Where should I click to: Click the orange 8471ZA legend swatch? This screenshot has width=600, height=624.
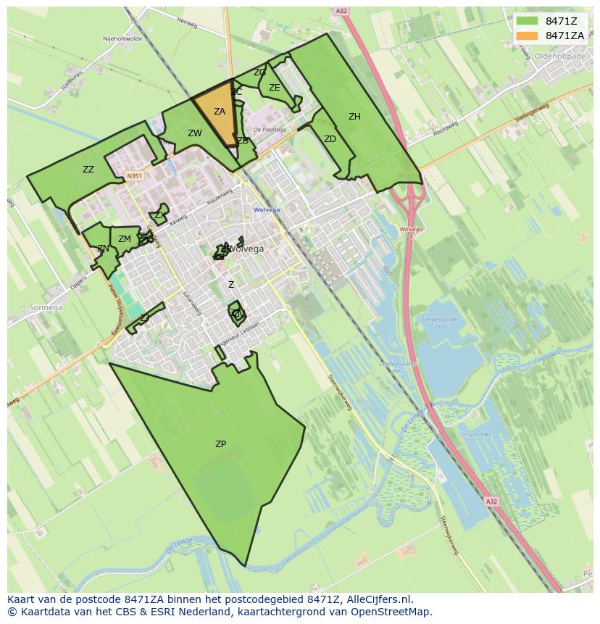pyautogui.click(x=528, y=36)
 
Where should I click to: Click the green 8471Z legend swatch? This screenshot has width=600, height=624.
pyautogui.click(x=528, y=20)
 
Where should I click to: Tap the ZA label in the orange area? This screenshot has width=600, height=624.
pyautogui.click(x=220, y=112)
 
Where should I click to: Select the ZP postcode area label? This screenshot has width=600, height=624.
pyautogui.click(x=220, y=444)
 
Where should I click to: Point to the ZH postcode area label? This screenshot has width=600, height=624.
pyautogui.click(x=354, y=117)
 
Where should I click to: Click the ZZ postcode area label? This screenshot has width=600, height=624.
pyautogui.click(x=88, y=170)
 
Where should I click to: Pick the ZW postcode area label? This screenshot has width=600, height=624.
pyautogui.click(x=195, y=133)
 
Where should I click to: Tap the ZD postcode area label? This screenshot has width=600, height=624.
pyautogui.click(x=330, y=139)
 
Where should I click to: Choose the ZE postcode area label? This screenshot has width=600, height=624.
pyautogui.click(x=275, y=88)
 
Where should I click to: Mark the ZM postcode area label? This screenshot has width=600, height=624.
pyautogui.click(x=125, y=239)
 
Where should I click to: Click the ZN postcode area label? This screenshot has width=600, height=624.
pyautogui.click(x=103, y=249)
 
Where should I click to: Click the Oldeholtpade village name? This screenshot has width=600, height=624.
pyautogui.click(x=558, y=56)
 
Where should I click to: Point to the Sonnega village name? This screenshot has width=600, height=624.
pyautogui.click(x=46, y=307)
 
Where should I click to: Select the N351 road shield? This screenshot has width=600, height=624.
pyautogui.click(x=133, y=175)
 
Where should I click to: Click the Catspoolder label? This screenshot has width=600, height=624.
pyautogui.click(x=475, y=434)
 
